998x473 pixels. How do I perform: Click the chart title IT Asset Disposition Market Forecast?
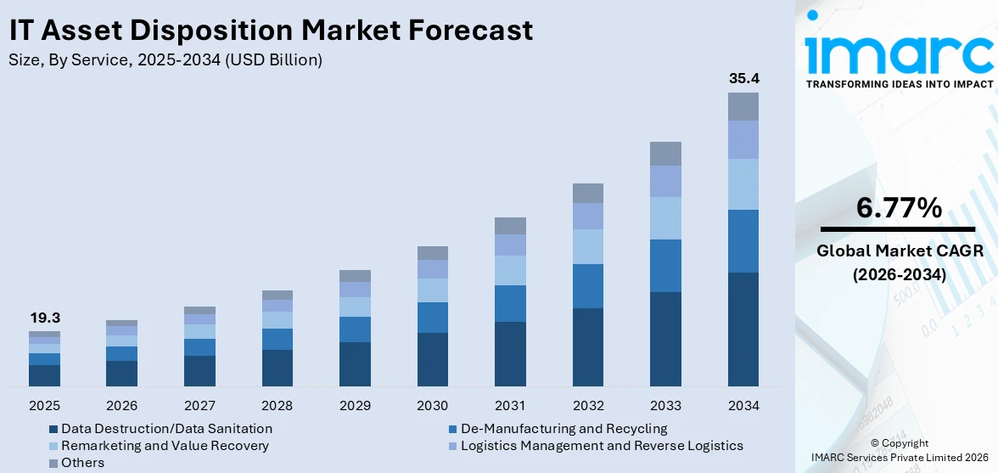[x=271, y=31]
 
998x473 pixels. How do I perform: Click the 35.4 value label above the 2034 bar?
[x=743, y=79]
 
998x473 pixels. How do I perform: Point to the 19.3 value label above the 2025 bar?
[x=44, y=318]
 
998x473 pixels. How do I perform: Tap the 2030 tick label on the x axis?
[x=432, y=405]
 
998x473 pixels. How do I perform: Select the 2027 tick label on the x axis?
[x=199, y=405]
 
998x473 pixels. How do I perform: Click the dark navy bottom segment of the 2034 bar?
[x=743, y=329]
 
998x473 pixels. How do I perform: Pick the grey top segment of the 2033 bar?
[x=665, y=154]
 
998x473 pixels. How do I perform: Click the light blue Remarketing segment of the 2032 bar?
[x=587, y=246]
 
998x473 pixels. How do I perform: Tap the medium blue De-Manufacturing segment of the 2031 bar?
[x=510, y=303]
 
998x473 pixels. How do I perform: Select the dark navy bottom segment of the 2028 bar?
[x=278, y=368]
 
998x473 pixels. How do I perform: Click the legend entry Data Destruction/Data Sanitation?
[x=166, y=429]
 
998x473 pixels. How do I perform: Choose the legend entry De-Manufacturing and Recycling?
[x=563, y=429]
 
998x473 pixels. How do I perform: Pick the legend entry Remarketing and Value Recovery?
[x=165, y=446]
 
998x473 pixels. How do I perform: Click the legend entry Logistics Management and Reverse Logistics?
[x=601, y=446]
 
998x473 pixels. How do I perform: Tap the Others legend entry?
[x=82, y=463]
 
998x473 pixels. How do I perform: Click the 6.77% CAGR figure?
[x=898, y=207]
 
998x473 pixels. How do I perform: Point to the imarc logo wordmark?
[x=899, y=53]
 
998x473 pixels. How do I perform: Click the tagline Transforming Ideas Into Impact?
[x=899, y=84]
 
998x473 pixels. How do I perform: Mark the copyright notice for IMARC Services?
[x=899, y=450]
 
